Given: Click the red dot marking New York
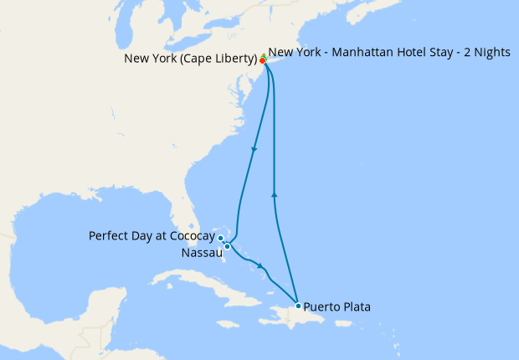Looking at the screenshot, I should [263, 61].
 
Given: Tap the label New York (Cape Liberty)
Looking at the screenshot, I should [190, 59].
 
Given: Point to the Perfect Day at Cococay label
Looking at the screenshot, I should [152, 236].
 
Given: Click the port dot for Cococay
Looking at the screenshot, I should [221, 239].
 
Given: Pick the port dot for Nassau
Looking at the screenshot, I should [227, 246].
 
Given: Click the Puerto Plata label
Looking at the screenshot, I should [337, 307].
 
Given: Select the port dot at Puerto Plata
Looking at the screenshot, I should [298, 306].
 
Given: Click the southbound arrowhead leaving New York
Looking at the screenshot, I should [254, 150].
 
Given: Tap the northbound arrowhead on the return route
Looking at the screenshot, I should [275, 194].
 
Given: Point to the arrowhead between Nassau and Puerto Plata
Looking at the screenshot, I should [262, 267].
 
